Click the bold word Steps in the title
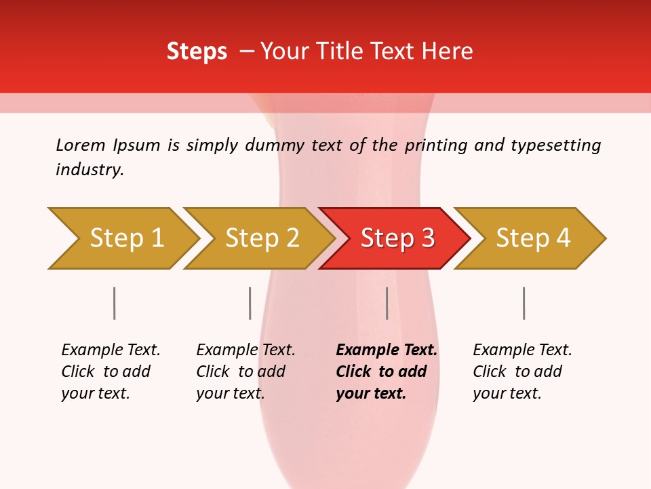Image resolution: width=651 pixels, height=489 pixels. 197,52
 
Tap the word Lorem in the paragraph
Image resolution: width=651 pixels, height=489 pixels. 80,145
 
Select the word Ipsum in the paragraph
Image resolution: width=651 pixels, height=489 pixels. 136,145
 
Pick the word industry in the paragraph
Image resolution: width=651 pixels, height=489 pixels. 90,170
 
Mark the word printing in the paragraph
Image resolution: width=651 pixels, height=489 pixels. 437,145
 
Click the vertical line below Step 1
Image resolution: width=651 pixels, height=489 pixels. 114,303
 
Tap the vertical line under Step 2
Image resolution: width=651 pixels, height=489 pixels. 250,303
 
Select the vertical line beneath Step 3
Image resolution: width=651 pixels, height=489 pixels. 387,303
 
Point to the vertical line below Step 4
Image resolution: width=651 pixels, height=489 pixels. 524,303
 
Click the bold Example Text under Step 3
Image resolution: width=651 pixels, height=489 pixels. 387,350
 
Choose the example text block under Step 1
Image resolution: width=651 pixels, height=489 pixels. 111,372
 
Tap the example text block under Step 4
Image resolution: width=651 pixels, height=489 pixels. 522,372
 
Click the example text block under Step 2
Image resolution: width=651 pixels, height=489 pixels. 245,372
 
